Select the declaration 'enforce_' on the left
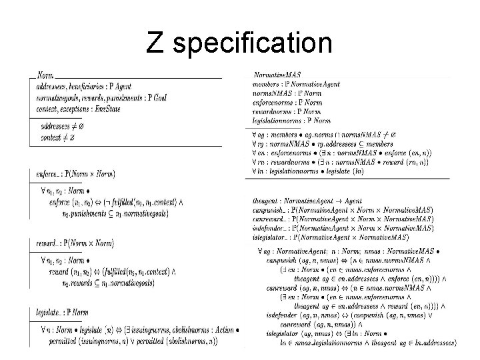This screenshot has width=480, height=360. (x=47, y=174)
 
